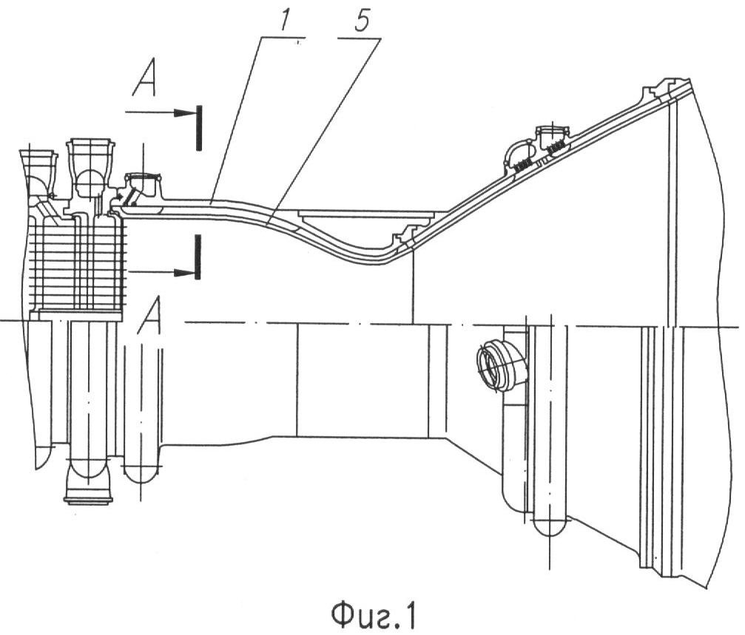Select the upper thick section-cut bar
pos(199,129)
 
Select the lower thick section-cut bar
pos(198,257)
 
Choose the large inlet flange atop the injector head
pos(90,152)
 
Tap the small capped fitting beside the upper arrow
pos(143,183)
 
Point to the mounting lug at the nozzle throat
pos(405,237)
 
